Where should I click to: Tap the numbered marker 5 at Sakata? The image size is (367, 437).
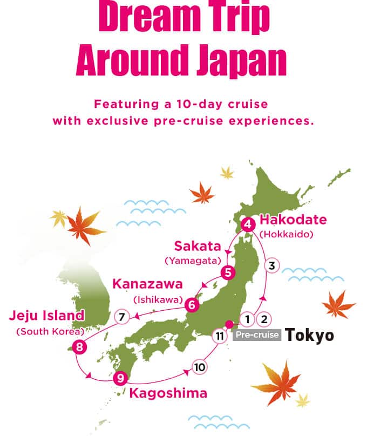click(229, 272)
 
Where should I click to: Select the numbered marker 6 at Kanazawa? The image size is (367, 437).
click(191, 305)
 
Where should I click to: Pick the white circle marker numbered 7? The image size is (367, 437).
click(122, 317)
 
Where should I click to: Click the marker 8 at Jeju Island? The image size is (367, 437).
click(80, 347)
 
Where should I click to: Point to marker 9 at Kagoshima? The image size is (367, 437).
click(120, 378)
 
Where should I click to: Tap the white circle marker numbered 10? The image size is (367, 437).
click(199, 367)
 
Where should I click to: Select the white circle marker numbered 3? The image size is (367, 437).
click(272, 265)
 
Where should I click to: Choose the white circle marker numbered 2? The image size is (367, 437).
click(264, 319)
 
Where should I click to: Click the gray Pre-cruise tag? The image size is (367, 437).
click(257, 335)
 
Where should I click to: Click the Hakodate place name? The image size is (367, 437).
click(293, 220)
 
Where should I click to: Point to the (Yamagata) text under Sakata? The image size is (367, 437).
click(193, 261)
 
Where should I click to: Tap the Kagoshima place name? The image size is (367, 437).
click(168, 393)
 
